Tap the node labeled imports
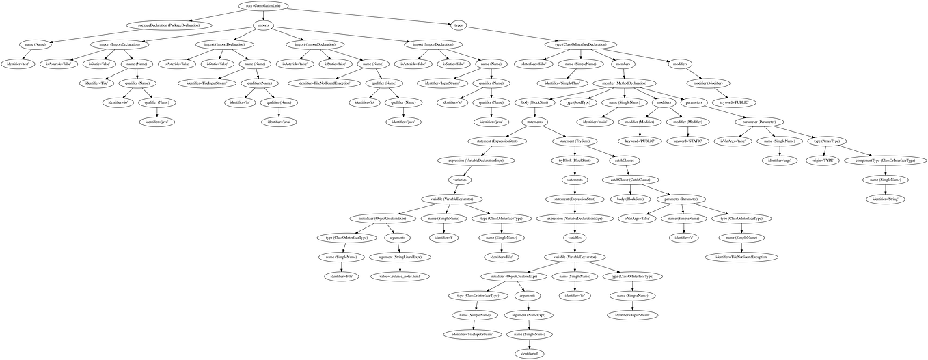click(263, 25)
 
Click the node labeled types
click(459, 25)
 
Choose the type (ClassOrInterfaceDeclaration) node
click(586, 44)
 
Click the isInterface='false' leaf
click(532, 63)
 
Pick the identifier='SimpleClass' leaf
click(578, 83)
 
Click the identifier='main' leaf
click(593, 121)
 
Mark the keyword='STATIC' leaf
click(685, 141)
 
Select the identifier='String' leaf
click(886, 198)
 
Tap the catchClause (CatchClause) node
click(635, 179)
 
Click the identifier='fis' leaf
click(574, 295)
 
